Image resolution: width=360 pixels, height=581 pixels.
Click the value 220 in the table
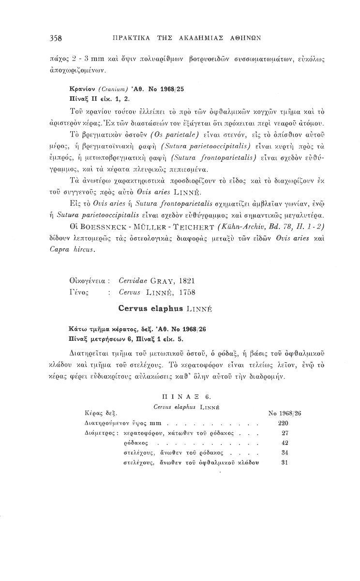[x=284, y=423]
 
